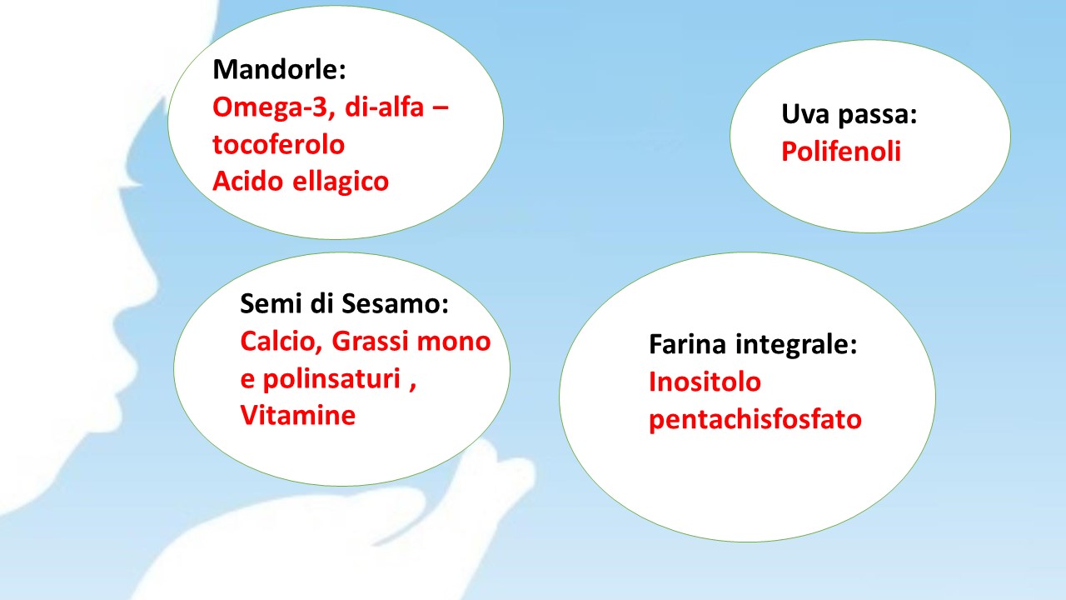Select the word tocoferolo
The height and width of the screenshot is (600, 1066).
[x=278, y=144]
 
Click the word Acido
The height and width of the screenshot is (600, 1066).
[x=248, y=181]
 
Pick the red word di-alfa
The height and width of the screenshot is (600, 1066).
[x=384, y=106]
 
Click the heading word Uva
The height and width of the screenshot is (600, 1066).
[x=805, y=114]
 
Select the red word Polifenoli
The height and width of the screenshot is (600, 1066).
[x=841, y=152]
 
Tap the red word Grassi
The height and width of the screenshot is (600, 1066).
[x=370, y=341]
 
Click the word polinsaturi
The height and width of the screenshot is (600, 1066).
[x=331, y=380]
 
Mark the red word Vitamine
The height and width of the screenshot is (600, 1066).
[x=298, y=415]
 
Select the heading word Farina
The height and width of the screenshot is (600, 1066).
[x=688, y=344]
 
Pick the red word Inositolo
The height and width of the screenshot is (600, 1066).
[x=705, y=382]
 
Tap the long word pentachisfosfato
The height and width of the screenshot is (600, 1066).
[x=755, y=420]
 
